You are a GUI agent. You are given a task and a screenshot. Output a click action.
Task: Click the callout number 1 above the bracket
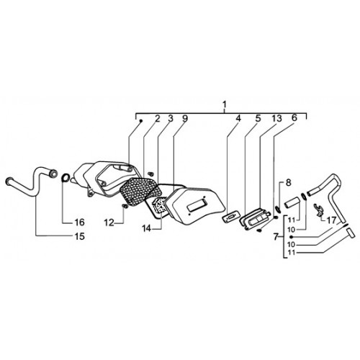click(224, 104)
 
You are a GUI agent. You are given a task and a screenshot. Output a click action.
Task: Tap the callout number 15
click(79, 236)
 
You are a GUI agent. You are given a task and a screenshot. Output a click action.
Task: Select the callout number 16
click(79, 222)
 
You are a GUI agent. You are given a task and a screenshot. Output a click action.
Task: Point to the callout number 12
click(109, 222)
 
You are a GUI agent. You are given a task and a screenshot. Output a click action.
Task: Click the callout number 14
click(147, 229)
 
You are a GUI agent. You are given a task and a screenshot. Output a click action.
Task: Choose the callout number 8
click(288, 183)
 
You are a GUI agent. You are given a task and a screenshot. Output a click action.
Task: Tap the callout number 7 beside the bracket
click(276, 237)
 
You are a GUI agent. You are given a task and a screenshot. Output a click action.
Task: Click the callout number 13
click(276, 118)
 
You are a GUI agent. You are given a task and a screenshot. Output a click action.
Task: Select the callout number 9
click(185, 118)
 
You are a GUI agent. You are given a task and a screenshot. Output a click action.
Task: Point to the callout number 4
click(238, 118)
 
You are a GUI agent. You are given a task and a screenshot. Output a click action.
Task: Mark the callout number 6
click(294, 117)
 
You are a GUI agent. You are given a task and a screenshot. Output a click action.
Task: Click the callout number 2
click(157, 118)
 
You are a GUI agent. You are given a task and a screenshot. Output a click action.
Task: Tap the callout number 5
click(258, 118)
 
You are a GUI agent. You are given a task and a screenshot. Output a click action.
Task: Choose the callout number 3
click(170, 118)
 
